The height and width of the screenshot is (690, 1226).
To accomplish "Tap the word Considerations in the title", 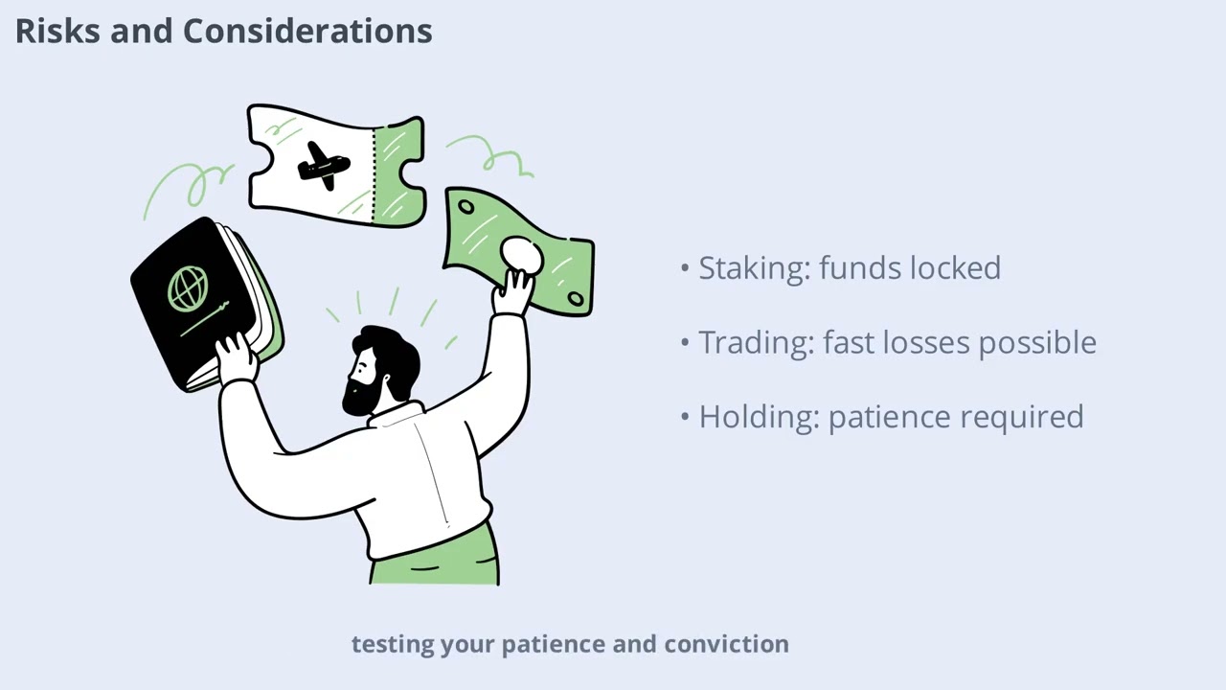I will coord(307,32).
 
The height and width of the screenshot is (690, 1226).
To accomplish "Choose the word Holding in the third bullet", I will coord(757,418).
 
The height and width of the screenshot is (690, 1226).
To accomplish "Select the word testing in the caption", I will coord(392,644).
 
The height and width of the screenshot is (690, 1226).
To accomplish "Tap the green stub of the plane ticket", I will coord(399,172).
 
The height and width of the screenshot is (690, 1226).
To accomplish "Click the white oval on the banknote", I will coord(522,256).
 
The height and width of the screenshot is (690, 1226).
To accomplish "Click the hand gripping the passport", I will coord(236,359).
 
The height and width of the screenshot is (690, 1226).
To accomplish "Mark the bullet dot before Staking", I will coord(685,268).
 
